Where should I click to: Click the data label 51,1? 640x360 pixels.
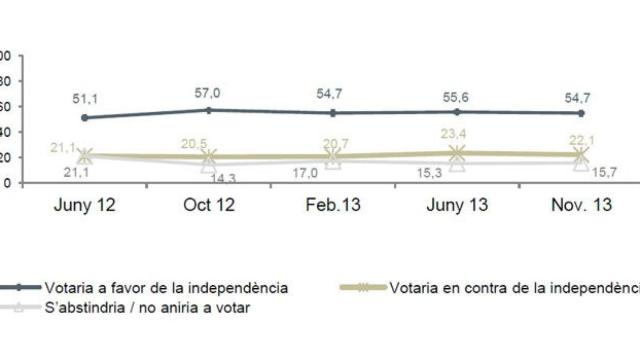pos(84,98)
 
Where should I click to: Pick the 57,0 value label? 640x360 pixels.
pos(208,93)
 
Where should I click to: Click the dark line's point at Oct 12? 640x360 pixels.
pos(208,110)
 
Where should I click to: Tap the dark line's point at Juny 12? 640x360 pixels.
pos(84,118)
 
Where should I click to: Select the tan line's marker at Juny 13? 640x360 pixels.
pos(457,153)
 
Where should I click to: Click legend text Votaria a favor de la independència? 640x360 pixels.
pos(166,287)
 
